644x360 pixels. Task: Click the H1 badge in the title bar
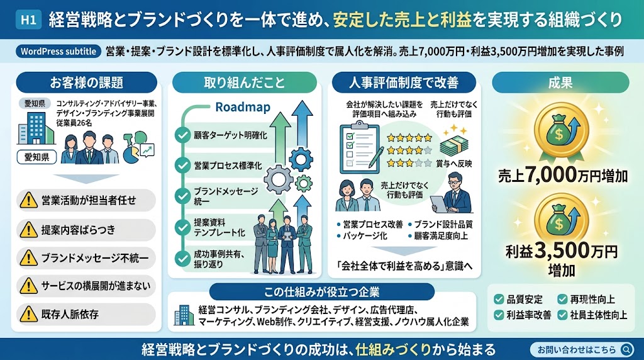28,20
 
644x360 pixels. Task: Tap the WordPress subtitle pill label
58,52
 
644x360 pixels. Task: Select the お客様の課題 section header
86,82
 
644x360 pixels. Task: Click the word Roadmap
243,107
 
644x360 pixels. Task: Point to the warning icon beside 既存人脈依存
28,314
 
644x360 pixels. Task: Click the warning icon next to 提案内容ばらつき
28,229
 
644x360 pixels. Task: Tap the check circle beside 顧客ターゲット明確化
182,135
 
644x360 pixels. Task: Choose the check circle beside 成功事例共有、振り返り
182,259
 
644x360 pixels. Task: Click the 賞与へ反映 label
454,164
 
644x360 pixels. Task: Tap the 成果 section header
560,82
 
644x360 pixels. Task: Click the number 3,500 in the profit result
562,250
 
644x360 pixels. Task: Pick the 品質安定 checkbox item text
525,299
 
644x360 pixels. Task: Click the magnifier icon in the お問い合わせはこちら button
626,349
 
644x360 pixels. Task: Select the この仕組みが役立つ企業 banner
321,292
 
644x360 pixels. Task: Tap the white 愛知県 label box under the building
36,157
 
